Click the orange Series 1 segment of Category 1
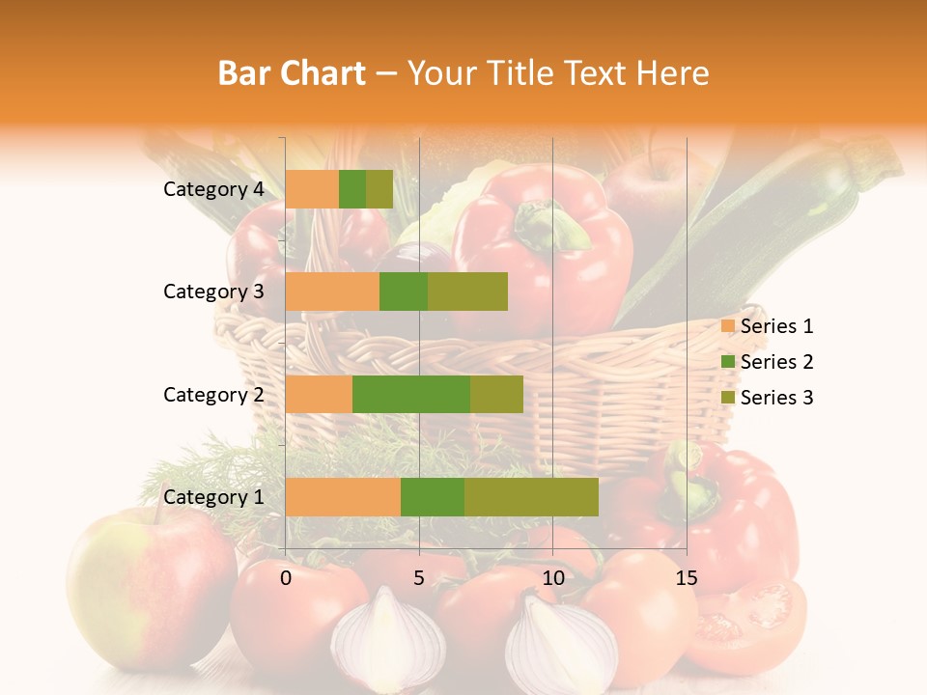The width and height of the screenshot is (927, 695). click(x=343, y=497)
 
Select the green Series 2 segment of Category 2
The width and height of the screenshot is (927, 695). click(x=411, y=394)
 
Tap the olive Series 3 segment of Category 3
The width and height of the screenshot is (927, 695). click(x=467, y=292)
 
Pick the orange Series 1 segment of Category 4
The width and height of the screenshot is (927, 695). click(x=312, y=189)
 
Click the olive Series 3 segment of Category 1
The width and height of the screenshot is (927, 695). click(x=531, y=497)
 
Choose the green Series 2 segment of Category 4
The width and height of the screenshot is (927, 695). click(x=352, y=189)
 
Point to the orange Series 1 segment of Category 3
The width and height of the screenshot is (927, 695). click(x=332, y=292)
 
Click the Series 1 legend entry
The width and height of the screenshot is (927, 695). click(x=767, y=326)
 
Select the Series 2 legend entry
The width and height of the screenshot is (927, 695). click(x=767, y=362)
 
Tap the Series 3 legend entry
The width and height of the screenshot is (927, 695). click(x=767, y=398)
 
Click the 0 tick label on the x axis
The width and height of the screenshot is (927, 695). click(x=286, y=578)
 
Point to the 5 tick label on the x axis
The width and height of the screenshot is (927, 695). click(x=419, y=578)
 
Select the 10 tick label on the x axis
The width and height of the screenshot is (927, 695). click(x=552, y=578)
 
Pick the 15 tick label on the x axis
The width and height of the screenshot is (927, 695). click(x=686, y=578)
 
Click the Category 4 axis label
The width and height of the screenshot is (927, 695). click(x=213, y=189)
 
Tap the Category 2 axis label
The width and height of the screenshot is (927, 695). click(x=213, y=394)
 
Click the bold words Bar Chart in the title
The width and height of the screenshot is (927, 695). click(x=292, y=73)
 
